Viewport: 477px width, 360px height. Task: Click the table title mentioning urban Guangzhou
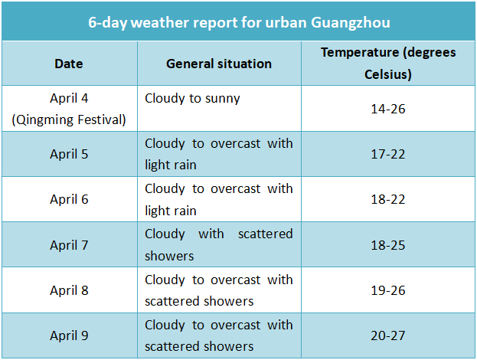239,23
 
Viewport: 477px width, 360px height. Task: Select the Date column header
69,64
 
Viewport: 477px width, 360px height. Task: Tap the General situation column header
219,64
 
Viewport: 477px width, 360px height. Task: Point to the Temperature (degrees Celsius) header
388,64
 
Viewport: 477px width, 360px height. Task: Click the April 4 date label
69,98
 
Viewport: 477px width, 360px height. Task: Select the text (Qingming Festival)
69,119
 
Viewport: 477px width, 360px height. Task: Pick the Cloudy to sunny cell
192,98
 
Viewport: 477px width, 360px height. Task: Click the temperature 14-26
388,109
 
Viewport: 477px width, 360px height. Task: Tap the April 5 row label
69,154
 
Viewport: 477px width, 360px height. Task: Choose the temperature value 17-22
388,154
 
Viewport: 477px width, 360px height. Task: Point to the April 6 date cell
69,199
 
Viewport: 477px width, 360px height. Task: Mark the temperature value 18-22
388,199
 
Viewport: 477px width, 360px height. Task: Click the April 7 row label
69,245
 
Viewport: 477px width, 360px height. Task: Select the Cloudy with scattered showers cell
219,244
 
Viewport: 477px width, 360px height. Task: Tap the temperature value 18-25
388,245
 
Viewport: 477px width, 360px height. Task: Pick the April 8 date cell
69,290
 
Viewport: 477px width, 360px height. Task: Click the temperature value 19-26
388,290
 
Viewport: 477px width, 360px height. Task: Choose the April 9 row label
69,335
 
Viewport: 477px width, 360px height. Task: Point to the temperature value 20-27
388,335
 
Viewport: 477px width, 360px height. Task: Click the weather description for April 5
219,154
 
